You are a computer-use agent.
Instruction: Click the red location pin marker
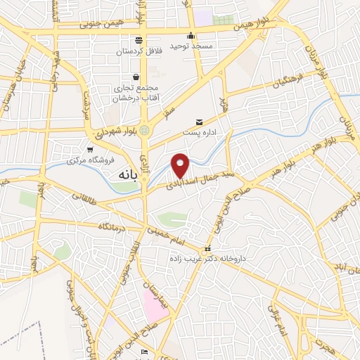click(181, 165)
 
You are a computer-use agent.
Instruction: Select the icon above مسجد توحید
click(191, 36)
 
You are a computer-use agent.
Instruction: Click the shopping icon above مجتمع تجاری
click(135, 77)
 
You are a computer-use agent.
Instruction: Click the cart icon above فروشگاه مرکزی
click(90, 149)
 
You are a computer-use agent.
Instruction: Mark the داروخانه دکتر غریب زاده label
click(207, 259)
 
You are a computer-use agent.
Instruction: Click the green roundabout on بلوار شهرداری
click(145, 129)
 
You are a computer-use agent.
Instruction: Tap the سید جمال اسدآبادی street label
click(203, 176)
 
